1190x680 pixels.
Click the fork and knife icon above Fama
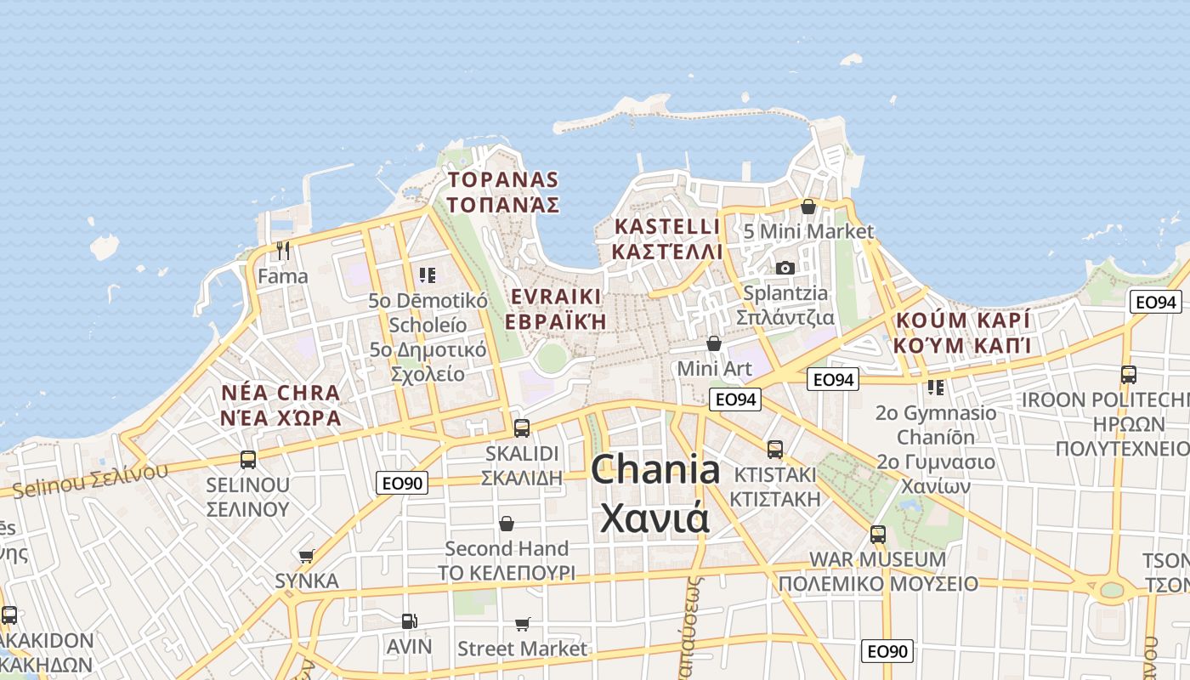[x=283, y=251]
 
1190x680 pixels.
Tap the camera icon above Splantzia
[x=785, y=268]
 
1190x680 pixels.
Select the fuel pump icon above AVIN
[x=409, y=621]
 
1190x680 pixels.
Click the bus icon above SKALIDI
[x=522, y=428]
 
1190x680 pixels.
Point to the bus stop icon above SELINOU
[x=248, y=460]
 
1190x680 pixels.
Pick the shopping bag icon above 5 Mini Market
[x=807, y=207]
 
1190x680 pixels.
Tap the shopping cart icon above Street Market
[x=522, y=625]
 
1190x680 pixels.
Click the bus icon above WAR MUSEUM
[x=878, y=535]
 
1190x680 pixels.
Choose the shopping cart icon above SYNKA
[x=306, y=557]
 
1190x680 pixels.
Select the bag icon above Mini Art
[x=714, y=343]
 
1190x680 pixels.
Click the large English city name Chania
[x=655, y=469]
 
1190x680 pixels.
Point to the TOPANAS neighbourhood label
[x=503, y=180]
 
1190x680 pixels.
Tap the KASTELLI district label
[x=666, y=227]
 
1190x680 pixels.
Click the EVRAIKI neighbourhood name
[x=556, y=297]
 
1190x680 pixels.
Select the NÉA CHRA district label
[x=280, y=394]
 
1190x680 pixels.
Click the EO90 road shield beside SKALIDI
[x=402, y=484]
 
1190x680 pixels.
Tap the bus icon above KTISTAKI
[x=774, y=449]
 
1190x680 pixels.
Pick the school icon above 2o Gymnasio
[x=936, y=388]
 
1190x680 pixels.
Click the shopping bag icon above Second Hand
[x=507, y=523]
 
